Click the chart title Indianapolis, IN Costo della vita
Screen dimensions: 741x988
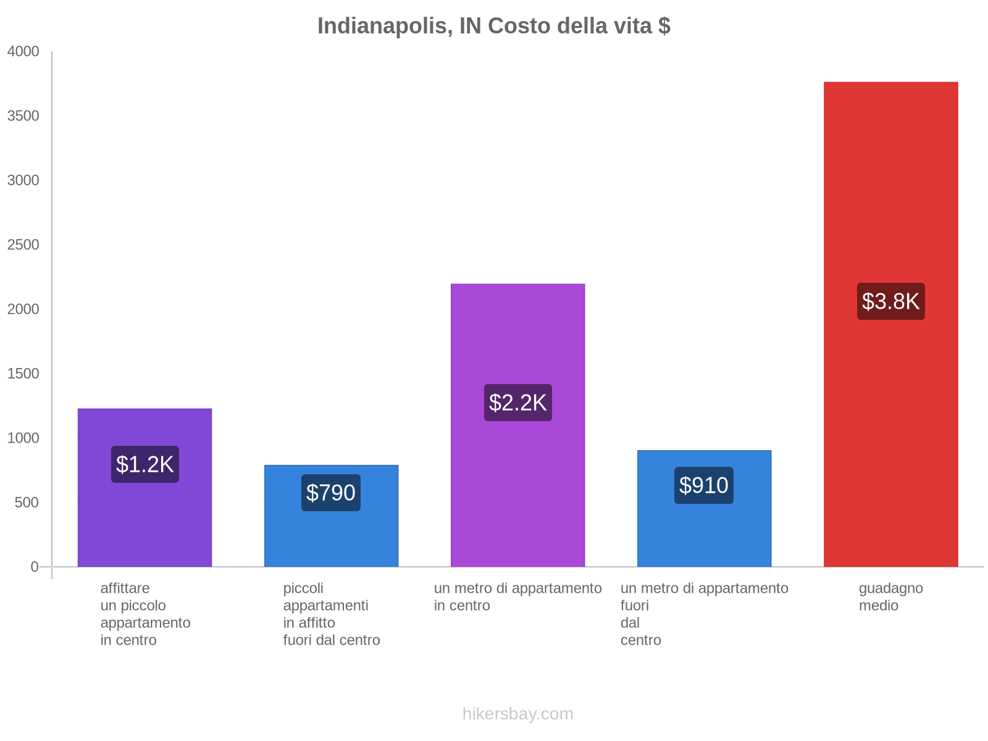pos(493,26)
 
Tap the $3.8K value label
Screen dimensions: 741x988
pos(890,301)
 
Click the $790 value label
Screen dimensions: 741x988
pos(330,493)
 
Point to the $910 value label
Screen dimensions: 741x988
pos(703,485)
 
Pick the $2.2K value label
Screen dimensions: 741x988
pos(517,403)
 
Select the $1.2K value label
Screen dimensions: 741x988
pos(144,464)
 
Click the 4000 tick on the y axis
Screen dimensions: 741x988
pos(23,52)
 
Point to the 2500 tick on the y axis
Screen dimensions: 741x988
pos(23,245)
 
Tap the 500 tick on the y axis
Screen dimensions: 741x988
pos(27,503)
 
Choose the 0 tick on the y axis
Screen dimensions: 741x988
pos(35,567)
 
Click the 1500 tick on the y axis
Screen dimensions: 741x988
pos(23,374)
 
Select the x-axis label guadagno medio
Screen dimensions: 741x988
pos(890,597)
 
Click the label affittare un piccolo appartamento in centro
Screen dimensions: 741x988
pos(145,614)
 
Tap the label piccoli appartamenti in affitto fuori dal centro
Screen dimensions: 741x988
pos(331,614)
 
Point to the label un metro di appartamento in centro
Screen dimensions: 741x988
pos(517,597)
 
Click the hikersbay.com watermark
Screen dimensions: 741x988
pos(517,714)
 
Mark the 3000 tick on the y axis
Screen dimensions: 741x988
pos(23,180)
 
